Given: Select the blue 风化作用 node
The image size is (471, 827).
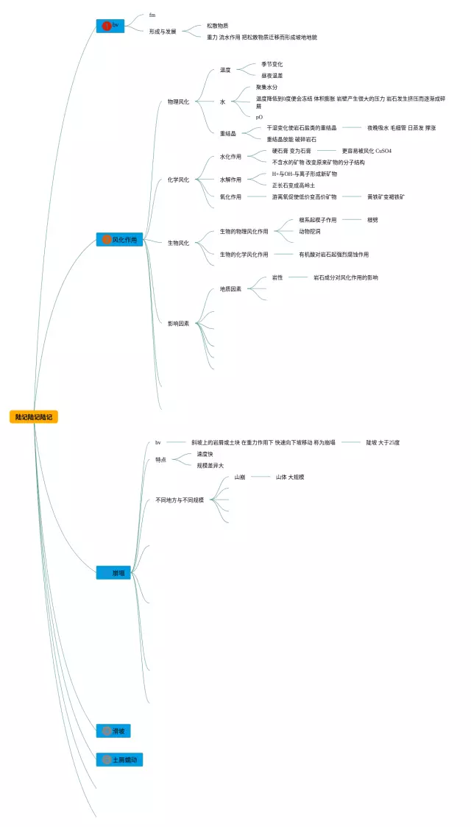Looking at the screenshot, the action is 119,239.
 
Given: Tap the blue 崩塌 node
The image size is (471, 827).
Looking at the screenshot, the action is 114,572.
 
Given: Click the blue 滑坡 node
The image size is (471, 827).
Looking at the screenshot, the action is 114,731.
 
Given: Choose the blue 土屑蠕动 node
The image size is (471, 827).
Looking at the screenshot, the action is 119,759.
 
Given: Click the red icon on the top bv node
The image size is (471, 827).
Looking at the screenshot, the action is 106,26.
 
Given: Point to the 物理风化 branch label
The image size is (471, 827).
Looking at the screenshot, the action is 178,102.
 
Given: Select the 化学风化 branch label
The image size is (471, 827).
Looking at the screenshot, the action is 178,180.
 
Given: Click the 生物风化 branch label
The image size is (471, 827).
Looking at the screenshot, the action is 178,243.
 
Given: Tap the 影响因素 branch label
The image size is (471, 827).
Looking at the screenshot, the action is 178,324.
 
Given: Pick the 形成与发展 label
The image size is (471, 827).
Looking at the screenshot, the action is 163,32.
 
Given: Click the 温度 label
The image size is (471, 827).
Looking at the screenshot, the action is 225,70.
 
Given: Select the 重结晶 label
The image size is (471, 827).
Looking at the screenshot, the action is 228,133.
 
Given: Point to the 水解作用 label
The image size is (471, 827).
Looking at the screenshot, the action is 230,180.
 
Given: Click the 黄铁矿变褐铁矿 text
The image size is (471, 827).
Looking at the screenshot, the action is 386,197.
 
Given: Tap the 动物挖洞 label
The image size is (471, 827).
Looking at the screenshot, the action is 309,231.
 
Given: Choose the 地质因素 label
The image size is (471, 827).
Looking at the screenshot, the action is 230,289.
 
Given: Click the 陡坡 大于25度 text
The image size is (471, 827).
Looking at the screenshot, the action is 383,442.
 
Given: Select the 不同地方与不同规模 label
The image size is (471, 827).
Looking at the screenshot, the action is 180,500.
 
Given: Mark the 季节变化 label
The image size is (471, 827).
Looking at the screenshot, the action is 272,65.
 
